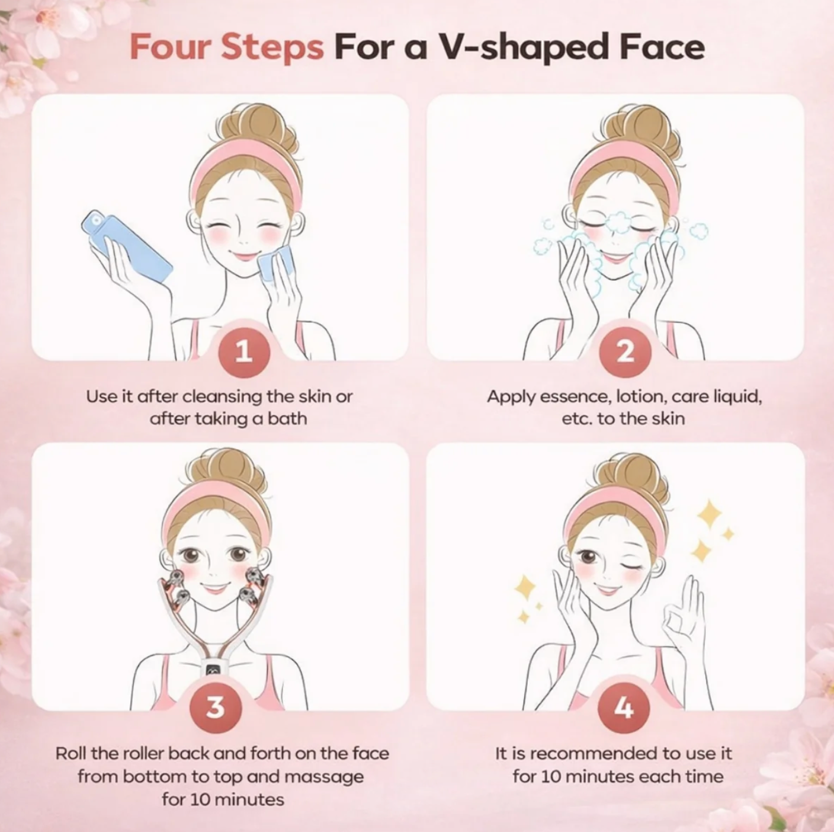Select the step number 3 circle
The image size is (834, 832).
215,707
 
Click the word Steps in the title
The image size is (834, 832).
272,47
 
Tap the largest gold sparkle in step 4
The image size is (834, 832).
710,514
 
